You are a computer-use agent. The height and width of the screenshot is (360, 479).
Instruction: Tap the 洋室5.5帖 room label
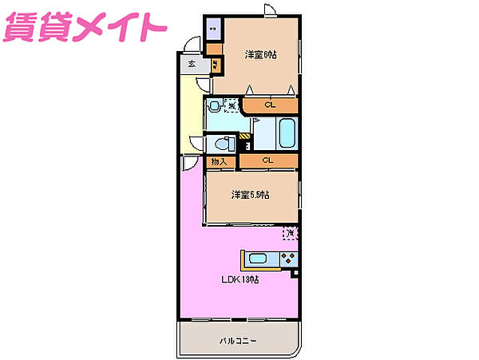250,195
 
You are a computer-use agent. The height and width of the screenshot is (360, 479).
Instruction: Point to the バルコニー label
238,341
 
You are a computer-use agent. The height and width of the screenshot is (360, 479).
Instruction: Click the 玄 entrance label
192,65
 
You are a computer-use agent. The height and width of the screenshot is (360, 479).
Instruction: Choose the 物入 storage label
219,161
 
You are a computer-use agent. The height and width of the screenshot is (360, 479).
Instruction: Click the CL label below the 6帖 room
270,105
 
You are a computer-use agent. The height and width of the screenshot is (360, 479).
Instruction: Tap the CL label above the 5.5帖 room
267,161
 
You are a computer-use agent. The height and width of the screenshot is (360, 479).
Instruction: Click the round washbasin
214,105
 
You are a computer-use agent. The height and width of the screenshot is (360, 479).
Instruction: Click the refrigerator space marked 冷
291,234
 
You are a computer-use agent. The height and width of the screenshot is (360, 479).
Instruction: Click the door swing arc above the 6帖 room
271,10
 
